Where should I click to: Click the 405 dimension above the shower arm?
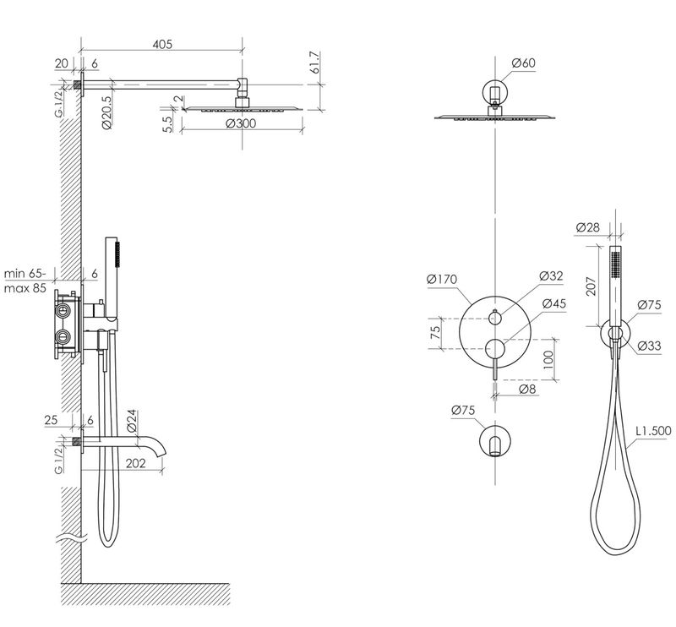click(x=162, y=44)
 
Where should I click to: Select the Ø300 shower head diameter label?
click(x=241, y=123)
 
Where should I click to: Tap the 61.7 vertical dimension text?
click(x=314, y=63)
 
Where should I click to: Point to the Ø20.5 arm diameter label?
click(x=106, y=112)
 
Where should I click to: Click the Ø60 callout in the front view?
click(x=523, y=63)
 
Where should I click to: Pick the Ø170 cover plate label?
click(x=441, y=280)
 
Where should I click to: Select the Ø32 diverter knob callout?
click(x=551, y=276)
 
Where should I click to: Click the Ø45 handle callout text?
click(x=554, y=303)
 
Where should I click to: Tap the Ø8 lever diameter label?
click(x=526, y=389)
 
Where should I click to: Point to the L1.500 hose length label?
click(x=653, y=431)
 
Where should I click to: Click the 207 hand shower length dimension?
click(x=591, y=286)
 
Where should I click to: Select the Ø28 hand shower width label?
click(x=587, y=227)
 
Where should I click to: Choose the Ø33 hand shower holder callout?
click(x=649, y=346)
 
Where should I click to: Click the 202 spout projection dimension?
click(x=136, y=463)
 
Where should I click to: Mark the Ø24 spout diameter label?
click(x=132, y=421)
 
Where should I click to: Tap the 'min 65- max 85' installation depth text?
click(x=25, y=281)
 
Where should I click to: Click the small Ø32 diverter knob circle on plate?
click(x=495, y=319)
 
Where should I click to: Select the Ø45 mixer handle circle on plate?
click(x=495, y=348)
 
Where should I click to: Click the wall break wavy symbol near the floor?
click(x=71, y=537)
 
